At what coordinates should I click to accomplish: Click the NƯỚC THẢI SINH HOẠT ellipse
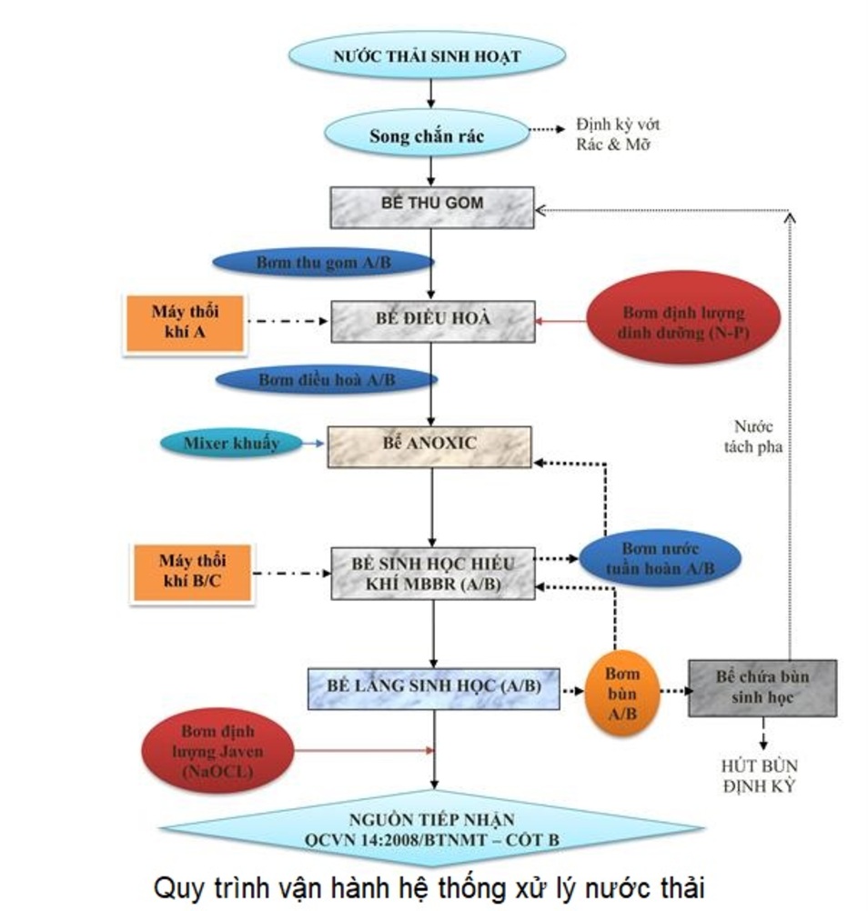point(427,55)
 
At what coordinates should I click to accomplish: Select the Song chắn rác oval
point(427,135)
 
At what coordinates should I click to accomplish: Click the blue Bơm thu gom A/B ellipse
point(323,262)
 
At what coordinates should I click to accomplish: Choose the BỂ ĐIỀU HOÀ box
point(432,320)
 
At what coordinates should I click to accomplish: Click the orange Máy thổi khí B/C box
point(191,572)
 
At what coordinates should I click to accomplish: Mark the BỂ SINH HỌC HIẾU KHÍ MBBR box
point(432,574)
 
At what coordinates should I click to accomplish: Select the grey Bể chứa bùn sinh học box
point(762,687)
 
